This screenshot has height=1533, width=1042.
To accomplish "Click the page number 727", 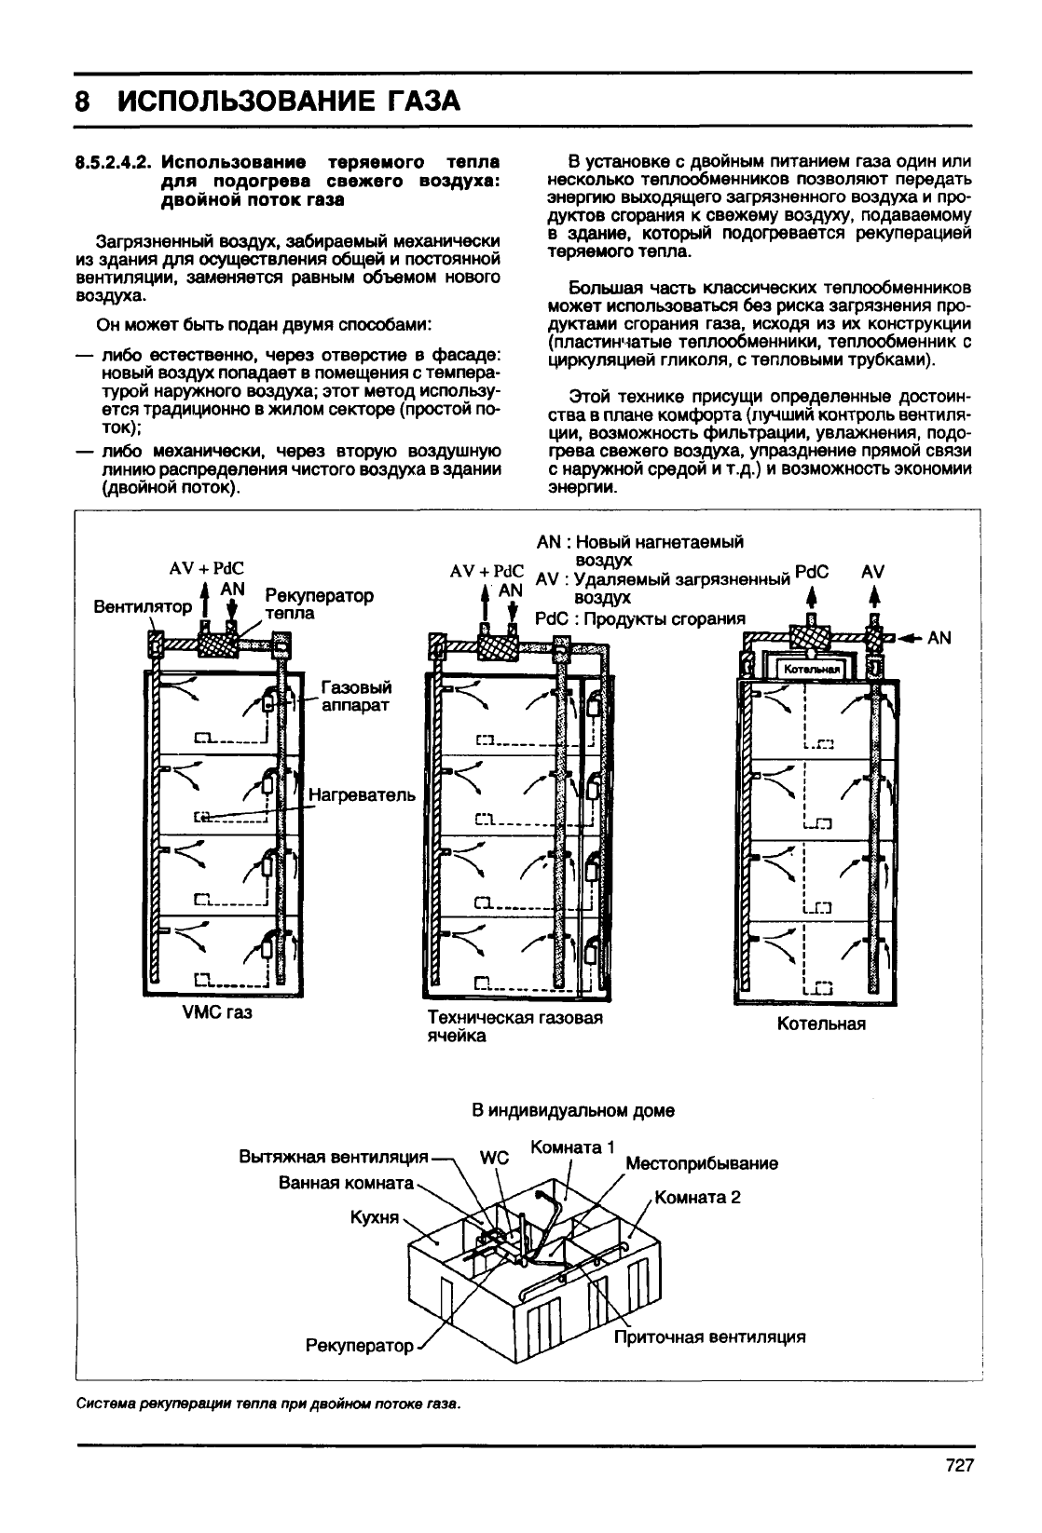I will click(959, 1465).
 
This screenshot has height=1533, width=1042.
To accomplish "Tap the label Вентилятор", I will click(144, 606).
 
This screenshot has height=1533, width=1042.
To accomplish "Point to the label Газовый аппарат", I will click(355, 696).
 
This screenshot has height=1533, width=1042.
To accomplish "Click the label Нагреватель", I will click(361, 796).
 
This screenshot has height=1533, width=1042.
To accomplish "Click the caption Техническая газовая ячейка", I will click(514, 1026).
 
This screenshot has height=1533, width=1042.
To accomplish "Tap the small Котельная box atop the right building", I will click(813, 669).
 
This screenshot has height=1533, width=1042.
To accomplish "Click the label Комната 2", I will click(698, 1197).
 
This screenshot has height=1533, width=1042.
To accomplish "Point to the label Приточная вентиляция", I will click(709, 1336).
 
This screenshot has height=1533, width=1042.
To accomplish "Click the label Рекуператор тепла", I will click(319, 604).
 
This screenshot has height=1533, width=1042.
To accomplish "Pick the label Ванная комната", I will click(346, 1182).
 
